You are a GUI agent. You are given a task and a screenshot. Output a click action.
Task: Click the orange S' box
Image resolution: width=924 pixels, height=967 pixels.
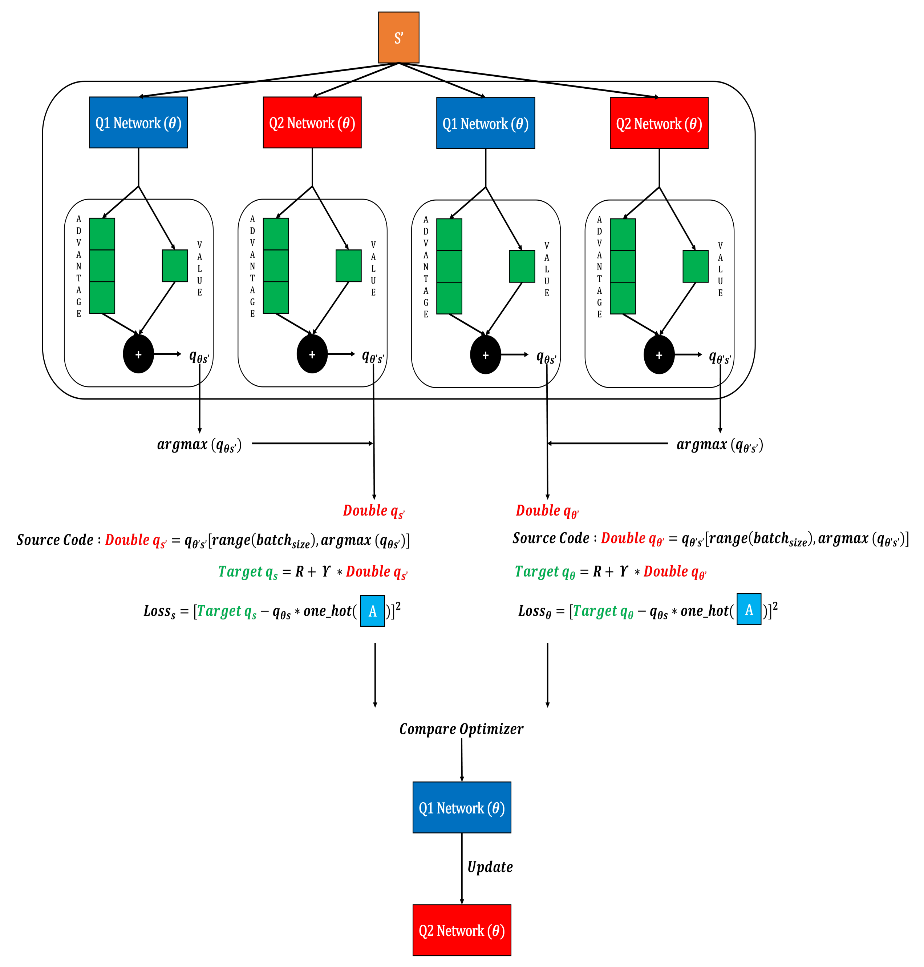pos(398,37)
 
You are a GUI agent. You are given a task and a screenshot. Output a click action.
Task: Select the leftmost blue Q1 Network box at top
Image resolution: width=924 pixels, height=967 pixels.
pos(138,122)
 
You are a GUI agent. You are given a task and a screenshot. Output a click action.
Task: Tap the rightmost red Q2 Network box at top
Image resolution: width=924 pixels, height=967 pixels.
pos(658,123)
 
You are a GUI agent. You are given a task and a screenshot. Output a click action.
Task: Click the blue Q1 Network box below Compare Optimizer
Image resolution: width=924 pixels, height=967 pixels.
pos(462,807)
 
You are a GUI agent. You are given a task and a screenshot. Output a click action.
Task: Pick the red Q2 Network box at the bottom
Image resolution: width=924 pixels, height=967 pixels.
pos(462,930)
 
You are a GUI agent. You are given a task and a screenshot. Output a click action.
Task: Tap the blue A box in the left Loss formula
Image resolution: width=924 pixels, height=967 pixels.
pos(372,611)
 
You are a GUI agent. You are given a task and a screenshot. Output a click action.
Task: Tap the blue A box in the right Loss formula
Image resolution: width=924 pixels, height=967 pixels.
pos(749,610)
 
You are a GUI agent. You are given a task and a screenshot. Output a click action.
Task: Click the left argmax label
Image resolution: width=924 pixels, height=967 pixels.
pos(199,445)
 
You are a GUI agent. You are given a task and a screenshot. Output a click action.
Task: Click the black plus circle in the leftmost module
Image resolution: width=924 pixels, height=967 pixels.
pos(138,354)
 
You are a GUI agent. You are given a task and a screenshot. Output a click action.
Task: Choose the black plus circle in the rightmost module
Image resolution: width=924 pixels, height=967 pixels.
pos(658,355)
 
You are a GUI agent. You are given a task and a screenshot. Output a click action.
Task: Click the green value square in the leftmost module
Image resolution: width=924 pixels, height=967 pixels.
pos(175,266)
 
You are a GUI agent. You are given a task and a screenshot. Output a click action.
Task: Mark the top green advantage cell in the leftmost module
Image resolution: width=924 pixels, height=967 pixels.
pos(102,234)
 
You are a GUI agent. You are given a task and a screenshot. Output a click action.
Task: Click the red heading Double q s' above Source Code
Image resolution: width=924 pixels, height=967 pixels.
pos(373,511)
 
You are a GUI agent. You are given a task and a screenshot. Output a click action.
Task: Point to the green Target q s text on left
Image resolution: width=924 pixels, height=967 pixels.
pos(248,572)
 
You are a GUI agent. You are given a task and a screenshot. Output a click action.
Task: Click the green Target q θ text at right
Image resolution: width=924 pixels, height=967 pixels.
pos(545,572)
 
